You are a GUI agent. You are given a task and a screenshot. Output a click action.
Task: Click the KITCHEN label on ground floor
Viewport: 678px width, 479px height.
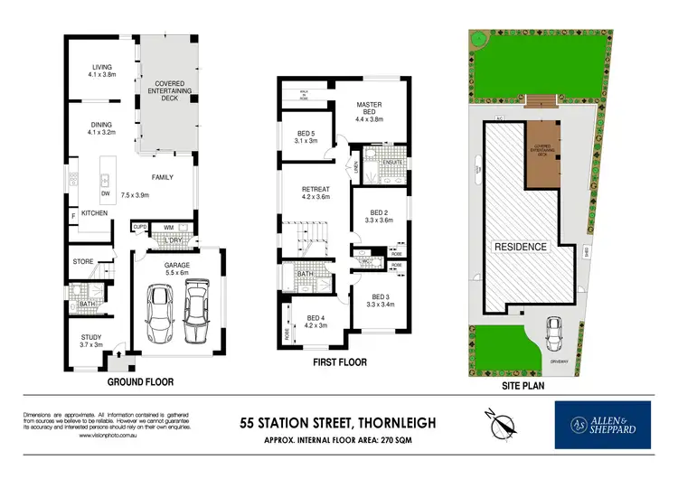coord(94,212)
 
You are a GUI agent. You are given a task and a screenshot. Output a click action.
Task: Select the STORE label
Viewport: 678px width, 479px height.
coord(84,262)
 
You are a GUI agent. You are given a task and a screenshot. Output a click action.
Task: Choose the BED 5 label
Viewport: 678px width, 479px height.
coord(306,136)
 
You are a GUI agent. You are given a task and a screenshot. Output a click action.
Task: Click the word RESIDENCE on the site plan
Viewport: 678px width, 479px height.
coord(519,246)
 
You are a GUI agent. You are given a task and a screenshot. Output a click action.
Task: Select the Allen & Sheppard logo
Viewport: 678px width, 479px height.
coord(602,424)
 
